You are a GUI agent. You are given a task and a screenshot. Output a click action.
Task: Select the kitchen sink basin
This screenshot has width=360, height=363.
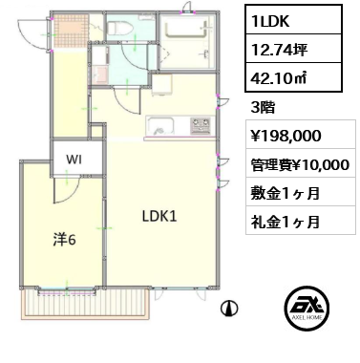(159, 126)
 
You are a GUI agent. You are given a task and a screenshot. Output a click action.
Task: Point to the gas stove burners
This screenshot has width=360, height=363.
(201, 126)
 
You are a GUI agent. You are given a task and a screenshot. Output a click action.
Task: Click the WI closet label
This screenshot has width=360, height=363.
(74, 160)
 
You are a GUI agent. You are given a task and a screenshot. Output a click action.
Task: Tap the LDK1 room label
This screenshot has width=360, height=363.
(159, 217)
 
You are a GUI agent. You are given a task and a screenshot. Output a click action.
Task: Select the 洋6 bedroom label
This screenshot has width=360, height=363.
(64, 240)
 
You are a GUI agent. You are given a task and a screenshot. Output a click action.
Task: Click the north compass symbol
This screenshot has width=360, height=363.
(229, 308)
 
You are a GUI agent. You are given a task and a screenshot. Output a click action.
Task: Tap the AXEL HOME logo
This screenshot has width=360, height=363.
(307, 308)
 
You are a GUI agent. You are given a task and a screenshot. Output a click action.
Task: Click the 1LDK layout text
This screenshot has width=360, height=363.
(270, 21)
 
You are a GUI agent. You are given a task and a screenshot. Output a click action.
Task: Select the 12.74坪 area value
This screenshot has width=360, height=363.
(279, 49)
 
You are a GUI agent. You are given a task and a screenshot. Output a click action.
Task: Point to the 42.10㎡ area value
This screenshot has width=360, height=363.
(279, 78)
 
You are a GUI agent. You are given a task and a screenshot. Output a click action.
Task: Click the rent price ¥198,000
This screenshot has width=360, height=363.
(286, 136)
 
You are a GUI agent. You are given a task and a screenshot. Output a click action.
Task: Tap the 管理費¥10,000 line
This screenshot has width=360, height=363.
(300, 164)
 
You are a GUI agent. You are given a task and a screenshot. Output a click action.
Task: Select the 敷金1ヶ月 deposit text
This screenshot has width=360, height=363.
(286, 193)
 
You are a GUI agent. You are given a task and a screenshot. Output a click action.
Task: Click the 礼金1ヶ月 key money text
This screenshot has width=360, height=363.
(286, 222)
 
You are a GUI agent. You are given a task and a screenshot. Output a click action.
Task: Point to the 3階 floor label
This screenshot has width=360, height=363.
(263, 108)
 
